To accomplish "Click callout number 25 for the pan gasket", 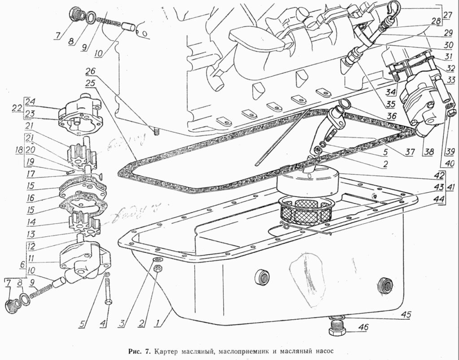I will pyautogui.click(x=91, y=83).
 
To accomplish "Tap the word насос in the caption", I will pyautogui.click(x=323, y=350).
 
